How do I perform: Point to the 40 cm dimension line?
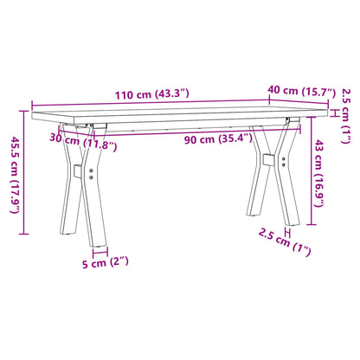pyautogui.click(x=294, y=102)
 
